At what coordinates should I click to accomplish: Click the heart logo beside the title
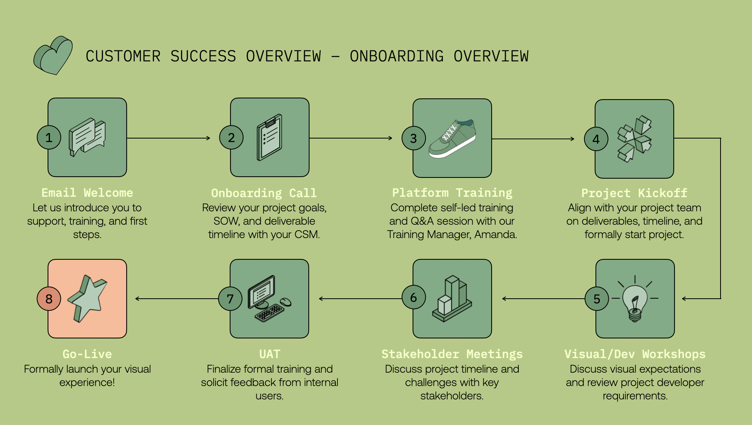tap(53, 56)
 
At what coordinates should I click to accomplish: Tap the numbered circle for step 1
tap(49, 137)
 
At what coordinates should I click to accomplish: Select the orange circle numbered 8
tap(49, 299)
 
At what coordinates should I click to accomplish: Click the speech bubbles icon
tap(87, 137)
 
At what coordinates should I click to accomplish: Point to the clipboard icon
tap(269, 137)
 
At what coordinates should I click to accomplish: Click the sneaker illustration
tap(452, 139)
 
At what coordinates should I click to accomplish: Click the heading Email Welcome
tap(87, 193)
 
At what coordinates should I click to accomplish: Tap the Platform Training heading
tap(452, 193)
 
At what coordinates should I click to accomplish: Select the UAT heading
tap(270, 354)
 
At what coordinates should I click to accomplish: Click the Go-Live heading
tap(87, 354)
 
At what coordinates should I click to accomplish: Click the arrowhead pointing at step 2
tap(208, 138)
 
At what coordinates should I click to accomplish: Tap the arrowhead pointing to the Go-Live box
tap(137, 299)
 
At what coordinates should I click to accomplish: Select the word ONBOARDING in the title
tap(397, 56)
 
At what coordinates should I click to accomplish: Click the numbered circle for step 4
tap(596, 139)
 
